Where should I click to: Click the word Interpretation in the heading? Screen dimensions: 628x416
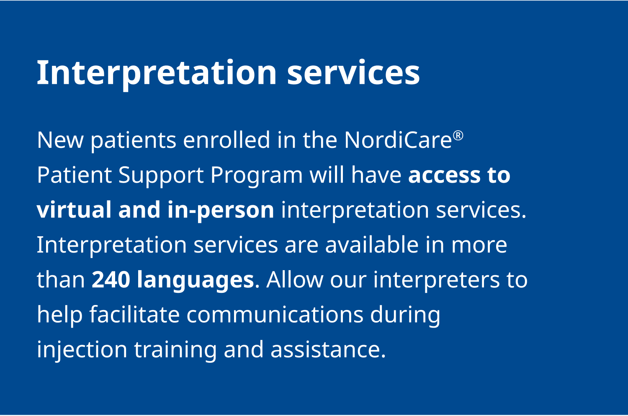click(x=157, y=73)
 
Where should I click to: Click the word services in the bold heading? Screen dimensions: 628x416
click(x=353, y=73)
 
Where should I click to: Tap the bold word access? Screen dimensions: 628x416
click(x=444, y=175)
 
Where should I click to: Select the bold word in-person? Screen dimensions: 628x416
click(x=220, y=211)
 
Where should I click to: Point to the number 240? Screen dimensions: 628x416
click(x=111, y=279)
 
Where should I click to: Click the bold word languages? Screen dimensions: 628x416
click(x=196, y=281)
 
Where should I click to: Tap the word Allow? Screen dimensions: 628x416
click(x=295, y=279)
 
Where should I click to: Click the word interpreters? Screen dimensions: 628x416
click(x=436, y=281)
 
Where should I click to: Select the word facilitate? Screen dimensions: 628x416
click(x=134, y=314)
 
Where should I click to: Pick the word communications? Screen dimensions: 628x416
click(x=275, y=315)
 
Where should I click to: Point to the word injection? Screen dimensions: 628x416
click(x=82, y=351)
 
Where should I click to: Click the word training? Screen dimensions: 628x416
click(x=175, y=351)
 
